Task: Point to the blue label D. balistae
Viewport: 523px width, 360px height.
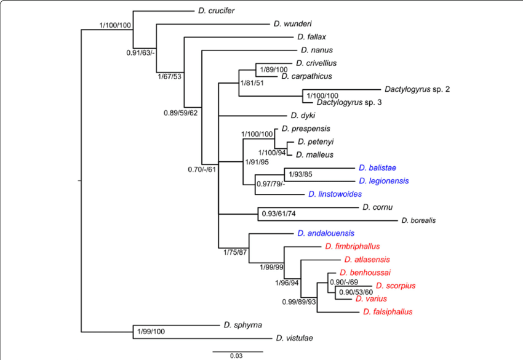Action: [377, 167]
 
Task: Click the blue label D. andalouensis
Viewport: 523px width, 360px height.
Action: [326, 233]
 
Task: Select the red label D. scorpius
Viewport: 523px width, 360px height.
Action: [396, 285]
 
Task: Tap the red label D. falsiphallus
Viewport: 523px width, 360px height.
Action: [388, 311]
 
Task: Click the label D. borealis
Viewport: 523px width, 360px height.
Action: [418, 220]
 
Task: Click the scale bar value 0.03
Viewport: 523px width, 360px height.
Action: [237, 356]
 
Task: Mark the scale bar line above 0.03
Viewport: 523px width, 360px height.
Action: [238, 351]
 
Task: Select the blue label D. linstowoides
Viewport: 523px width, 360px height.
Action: [335, 194]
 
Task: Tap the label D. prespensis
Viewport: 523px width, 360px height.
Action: [306, 129]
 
